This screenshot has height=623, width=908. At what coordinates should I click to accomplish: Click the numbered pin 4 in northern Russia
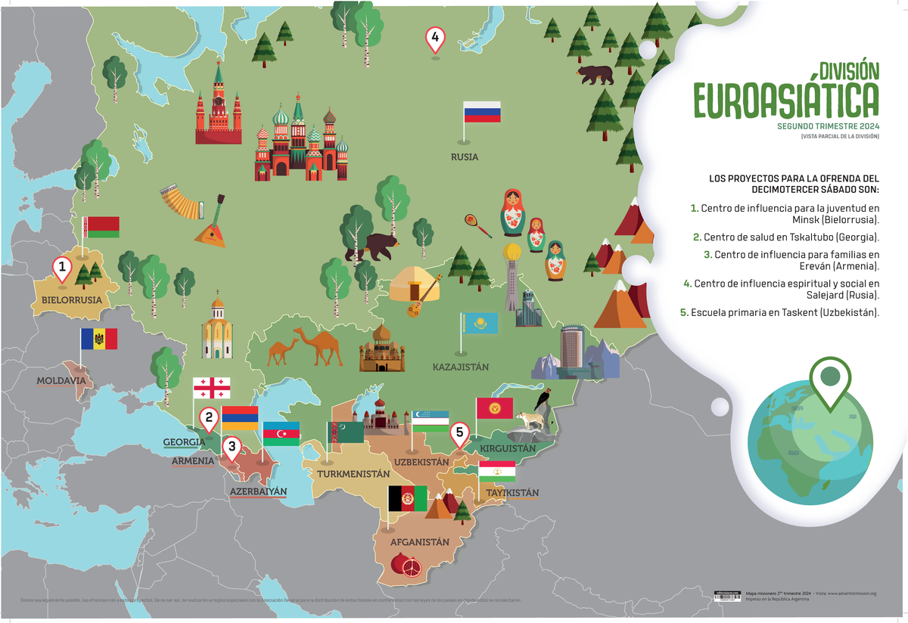(434, 38)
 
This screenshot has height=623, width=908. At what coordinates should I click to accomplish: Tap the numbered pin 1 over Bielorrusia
(62, 268)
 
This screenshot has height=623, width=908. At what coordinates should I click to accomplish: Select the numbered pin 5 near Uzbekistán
(459, 433)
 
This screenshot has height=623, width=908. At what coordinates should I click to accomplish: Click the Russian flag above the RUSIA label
(482, 112)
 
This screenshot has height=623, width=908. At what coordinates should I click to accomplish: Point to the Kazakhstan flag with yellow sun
(480, 323)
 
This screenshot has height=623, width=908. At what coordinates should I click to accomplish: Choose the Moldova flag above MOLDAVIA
(99, 339)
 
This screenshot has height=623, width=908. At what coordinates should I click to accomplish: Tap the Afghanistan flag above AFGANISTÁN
(407, 498)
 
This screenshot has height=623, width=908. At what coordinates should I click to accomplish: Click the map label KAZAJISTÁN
(461, 367)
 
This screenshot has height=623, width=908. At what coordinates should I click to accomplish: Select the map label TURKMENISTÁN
(353, 473)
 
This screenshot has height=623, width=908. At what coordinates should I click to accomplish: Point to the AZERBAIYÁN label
(259, 491)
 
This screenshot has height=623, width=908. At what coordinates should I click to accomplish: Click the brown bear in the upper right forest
(595, 74)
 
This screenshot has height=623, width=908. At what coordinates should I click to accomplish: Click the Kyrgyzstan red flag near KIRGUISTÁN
(495, 408)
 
